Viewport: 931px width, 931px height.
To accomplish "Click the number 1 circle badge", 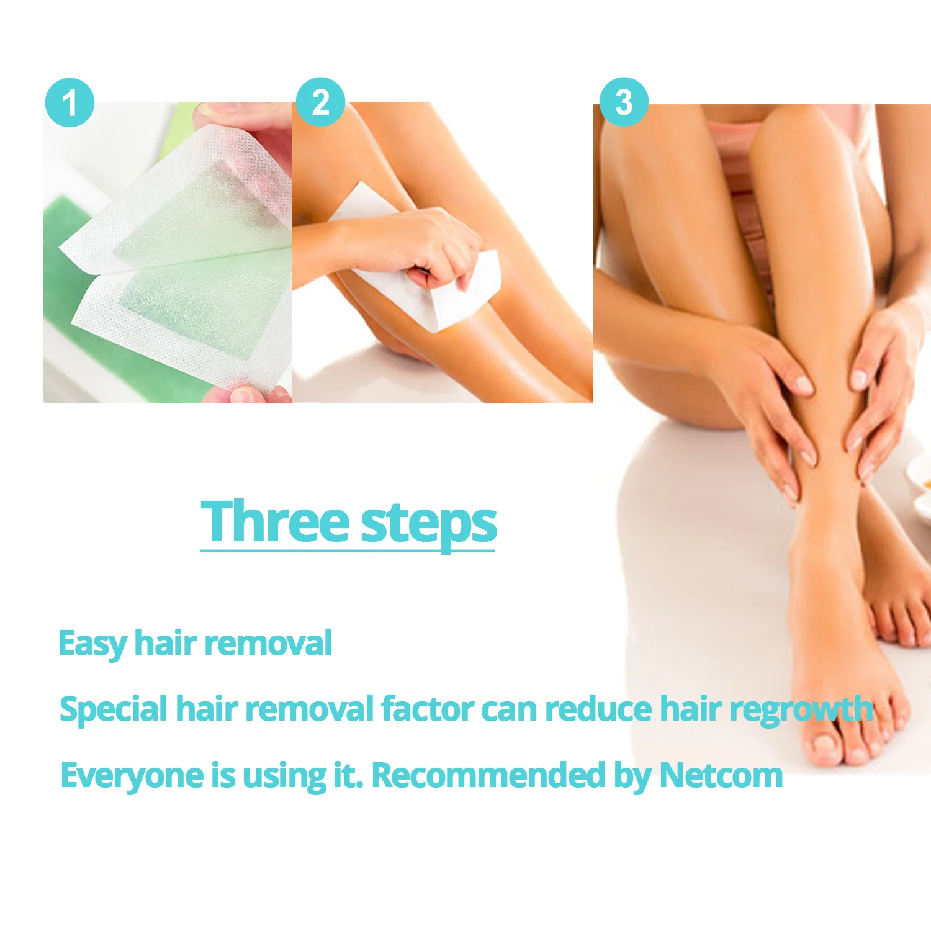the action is coord(70,102).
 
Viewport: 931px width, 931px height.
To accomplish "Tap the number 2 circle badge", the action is coord(320,102).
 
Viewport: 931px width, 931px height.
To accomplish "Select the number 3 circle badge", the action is coord(624,102).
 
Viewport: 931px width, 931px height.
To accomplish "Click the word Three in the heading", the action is coord(276,521).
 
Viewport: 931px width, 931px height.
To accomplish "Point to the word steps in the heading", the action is coord(429,524).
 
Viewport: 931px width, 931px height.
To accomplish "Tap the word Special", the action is coord(114,709).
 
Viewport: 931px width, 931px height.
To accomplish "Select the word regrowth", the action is coord(801,709).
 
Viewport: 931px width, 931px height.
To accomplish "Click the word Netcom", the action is coord(721,775).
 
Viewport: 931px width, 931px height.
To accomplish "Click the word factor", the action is coord(428,709).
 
